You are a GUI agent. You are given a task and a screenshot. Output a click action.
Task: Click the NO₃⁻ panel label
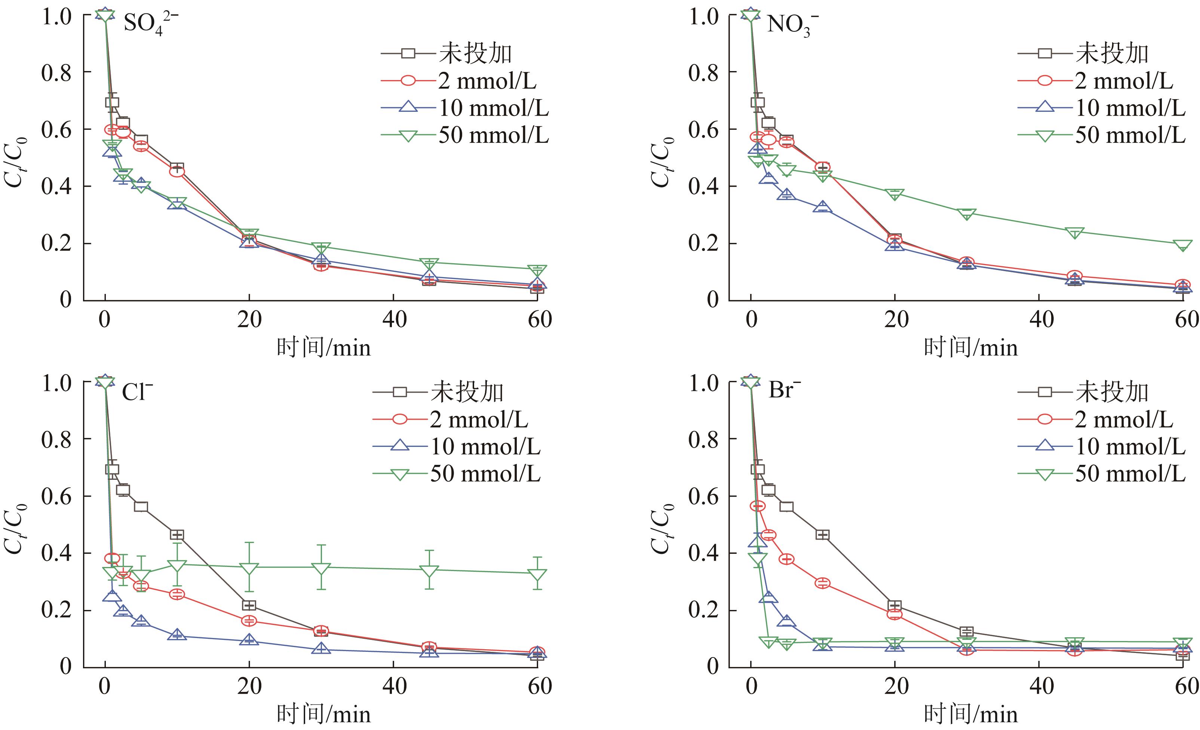pos(791,24)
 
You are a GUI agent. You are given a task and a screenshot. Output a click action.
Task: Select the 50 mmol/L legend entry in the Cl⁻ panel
pos(485,474)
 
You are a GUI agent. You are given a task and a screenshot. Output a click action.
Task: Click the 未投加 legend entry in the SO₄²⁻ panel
pos(475,53)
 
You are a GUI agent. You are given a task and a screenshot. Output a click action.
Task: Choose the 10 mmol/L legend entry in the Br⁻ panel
pos(1130,447)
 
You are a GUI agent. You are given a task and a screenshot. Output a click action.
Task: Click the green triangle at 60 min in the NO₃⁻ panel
pos(1182,245)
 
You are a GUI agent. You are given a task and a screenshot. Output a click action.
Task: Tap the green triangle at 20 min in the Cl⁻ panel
pos(249,569)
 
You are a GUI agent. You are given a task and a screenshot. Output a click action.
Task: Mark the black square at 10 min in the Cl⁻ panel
pos(177,535)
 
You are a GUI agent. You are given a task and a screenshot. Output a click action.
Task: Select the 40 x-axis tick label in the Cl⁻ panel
pos(394,686)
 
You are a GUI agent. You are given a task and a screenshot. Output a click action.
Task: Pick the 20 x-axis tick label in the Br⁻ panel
pos(896,686)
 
